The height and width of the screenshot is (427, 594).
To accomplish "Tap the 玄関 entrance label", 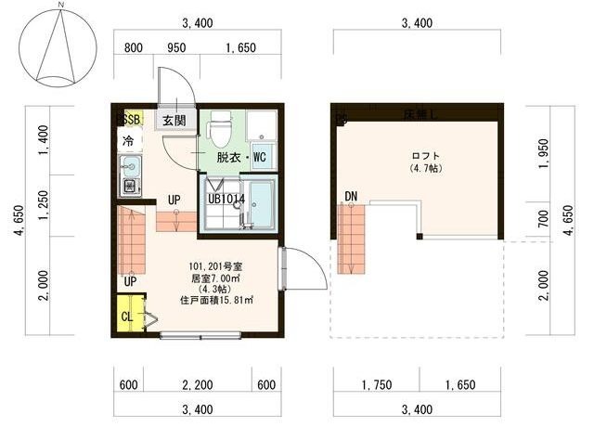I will pos(174,120).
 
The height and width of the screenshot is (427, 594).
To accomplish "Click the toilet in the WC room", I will pos(221,129).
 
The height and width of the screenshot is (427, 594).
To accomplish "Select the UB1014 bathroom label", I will pos(226,198).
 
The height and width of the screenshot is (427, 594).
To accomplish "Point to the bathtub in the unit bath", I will pos(261,205).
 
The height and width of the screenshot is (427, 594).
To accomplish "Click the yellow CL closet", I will pos(128,316).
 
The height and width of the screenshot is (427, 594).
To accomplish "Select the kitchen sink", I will pos(129,168).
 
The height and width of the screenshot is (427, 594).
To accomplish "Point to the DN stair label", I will pos(350,196).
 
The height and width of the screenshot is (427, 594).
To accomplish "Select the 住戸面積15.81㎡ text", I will pos(217,300).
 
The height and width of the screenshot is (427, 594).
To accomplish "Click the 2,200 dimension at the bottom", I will pos(195,385).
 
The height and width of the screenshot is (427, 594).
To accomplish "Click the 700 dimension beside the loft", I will pos(543,219).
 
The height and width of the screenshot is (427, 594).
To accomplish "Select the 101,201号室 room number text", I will pos(216,263).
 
